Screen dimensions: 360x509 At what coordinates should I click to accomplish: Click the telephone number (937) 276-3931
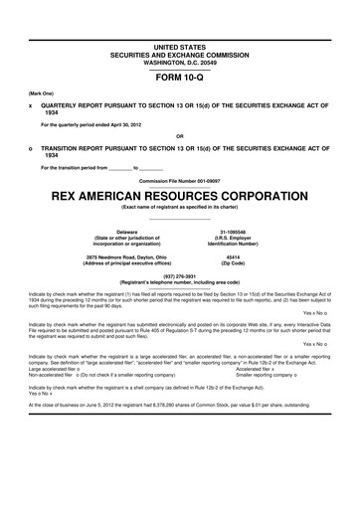tap(179, 275)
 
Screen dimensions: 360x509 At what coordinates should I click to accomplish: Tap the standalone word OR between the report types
tap(179, 135)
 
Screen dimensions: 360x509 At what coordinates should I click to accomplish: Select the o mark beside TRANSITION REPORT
tap(31, 145)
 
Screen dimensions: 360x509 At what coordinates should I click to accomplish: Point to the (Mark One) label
tap(41, 91)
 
